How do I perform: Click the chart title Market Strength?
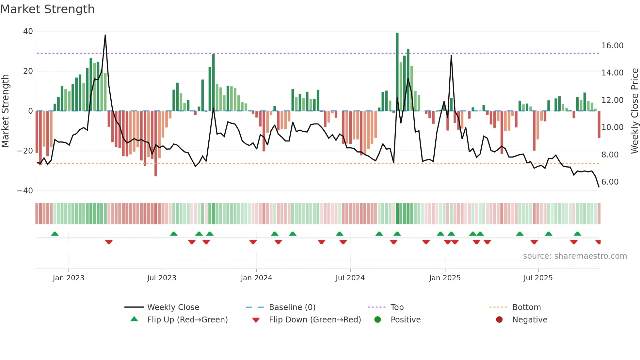[47, 9]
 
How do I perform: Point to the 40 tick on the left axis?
[28, 31]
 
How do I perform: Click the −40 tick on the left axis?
[25, 191]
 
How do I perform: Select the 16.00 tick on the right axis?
[612, 46]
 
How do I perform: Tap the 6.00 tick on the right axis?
[610, 182]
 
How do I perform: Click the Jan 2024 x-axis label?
[256, 278]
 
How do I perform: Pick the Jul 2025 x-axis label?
[538, 278]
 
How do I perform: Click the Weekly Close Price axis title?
[634, 111]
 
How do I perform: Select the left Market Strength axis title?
[6, 111]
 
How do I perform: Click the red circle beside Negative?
[499, 320]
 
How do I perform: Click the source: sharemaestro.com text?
[575, 256]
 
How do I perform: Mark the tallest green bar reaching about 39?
[397, 72]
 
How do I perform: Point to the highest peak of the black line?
[105, 35]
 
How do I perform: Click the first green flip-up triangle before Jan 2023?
[55, 234]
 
